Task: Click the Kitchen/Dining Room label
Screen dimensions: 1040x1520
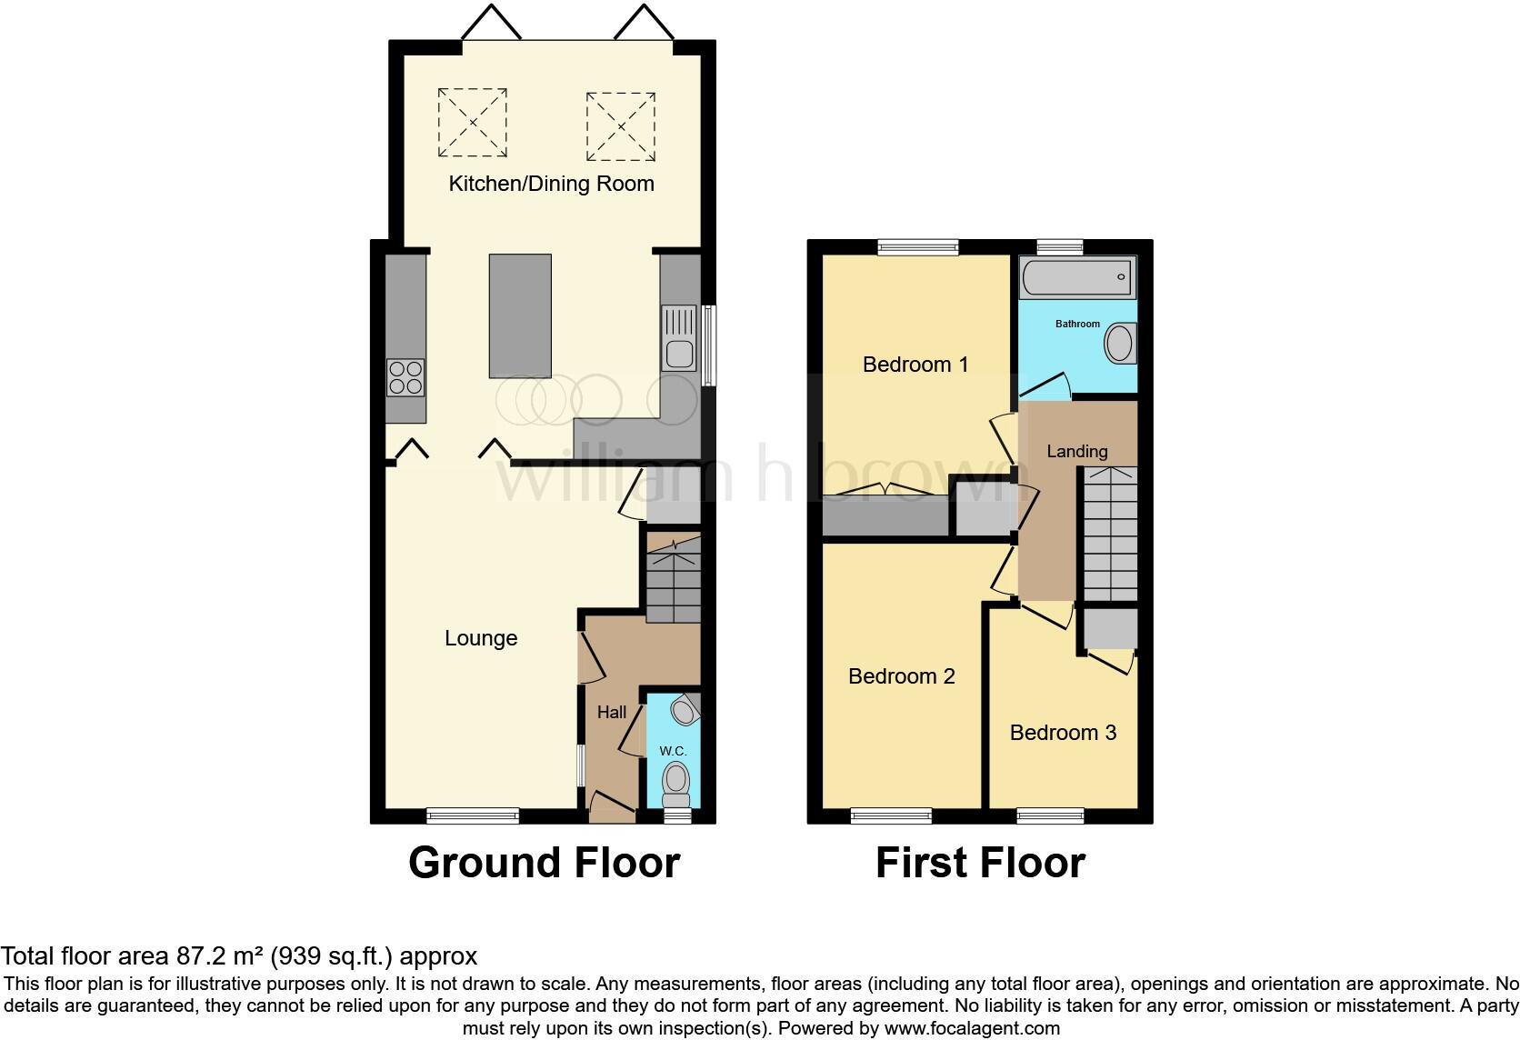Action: (x=551, y=184)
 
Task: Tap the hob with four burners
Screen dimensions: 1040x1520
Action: (x=405, y=377)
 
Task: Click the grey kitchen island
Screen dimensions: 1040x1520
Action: (x=520, y=315)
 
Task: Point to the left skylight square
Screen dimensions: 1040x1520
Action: (x=472, y=122)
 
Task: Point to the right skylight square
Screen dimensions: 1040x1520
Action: (x=620, y=126)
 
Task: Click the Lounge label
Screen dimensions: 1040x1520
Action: (x=481, y=638)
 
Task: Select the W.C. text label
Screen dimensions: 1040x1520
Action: (x=673, y=751)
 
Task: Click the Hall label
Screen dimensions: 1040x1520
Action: (x=611, y=712)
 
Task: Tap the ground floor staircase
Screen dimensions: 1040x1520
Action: (x=674, y=579)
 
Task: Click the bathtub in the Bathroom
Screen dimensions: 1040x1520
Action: (x=1077, y=277)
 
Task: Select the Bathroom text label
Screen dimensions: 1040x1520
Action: (x=1077, y=324)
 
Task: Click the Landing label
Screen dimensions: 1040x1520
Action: (x=1076, y=451)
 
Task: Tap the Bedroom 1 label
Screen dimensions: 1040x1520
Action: (x=915, y=365)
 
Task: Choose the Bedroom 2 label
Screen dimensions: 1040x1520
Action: (x=901, y=676)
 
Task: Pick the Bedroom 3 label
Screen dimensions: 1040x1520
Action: (x=1063, y=733)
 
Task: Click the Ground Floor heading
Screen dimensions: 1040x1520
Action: (x=544, y=862)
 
